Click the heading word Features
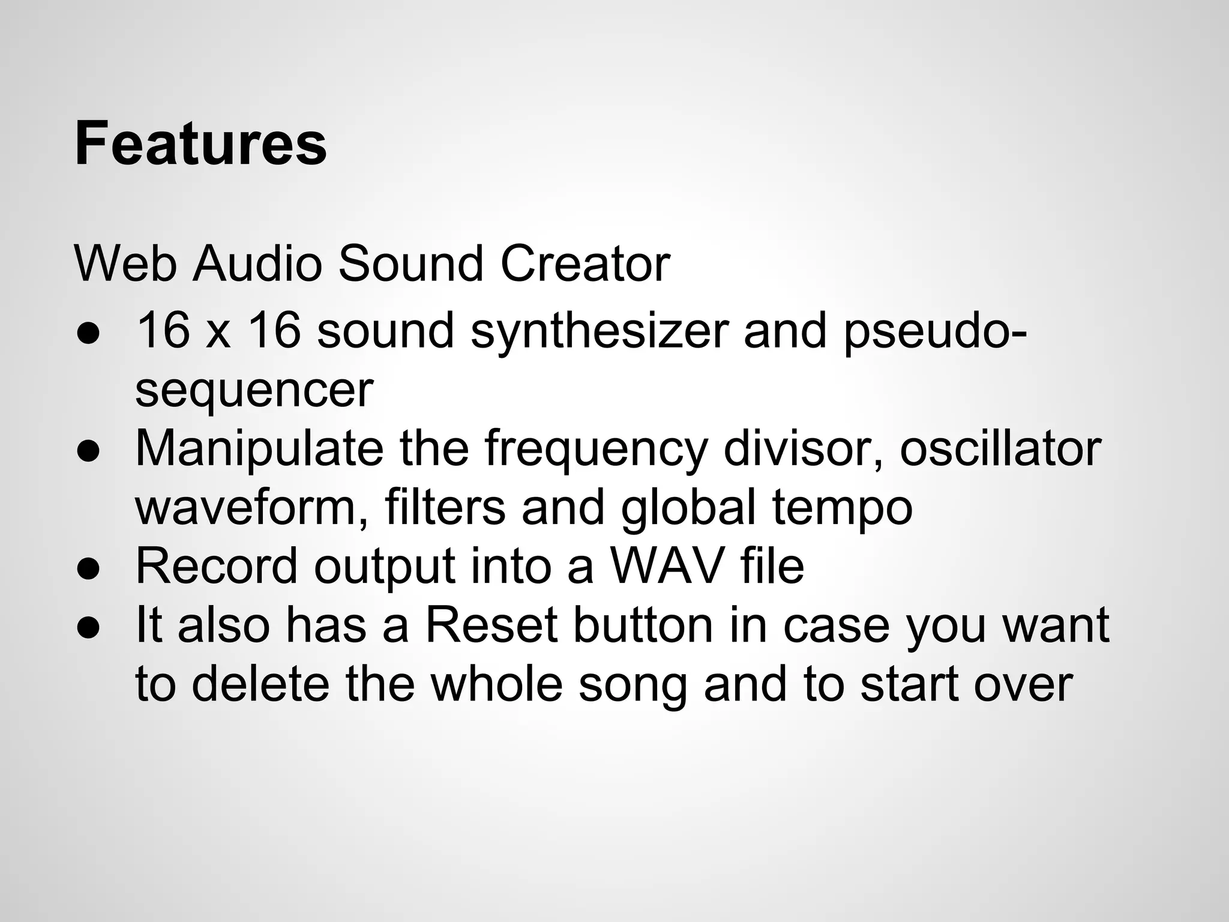click(200, 144)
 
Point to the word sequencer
click(254, 390)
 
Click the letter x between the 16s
click(217, 334)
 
